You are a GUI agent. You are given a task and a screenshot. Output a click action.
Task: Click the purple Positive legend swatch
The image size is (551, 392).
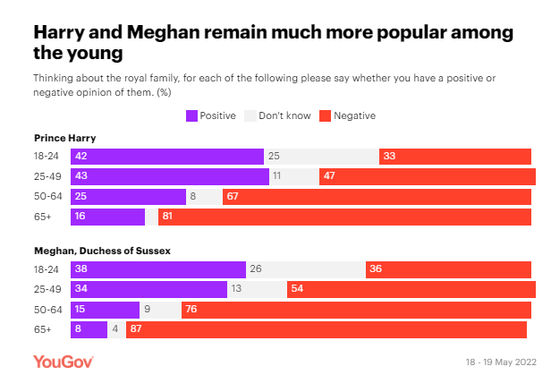(x=191, y=115)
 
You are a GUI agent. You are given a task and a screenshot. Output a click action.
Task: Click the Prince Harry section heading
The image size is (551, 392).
(x=64, y=138)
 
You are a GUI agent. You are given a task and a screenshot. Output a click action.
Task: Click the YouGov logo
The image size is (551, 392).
(x=63, y=362)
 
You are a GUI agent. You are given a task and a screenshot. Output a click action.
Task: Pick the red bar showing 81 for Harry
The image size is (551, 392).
(x=344, y=217)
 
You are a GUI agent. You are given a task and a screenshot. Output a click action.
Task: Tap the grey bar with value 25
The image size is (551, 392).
(x=321, y=157)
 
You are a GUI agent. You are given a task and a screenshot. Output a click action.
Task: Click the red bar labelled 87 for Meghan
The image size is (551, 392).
(x=328, y=329)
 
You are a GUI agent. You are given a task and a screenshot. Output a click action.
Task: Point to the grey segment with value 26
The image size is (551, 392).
(x=305, y=269)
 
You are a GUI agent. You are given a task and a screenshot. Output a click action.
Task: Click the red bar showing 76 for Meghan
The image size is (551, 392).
(x=358, y=310)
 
